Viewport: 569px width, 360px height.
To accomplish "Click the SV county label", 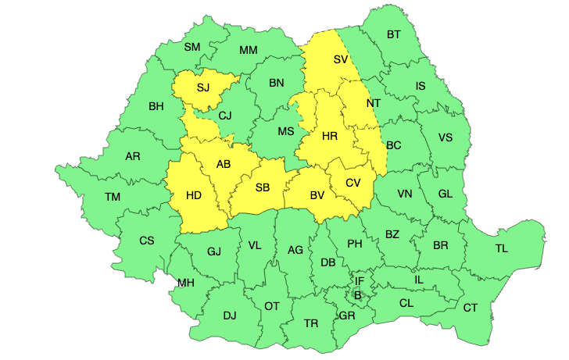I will coord(340,60).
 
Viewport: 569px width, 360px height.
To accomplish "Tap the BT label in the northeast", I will coord(393,34).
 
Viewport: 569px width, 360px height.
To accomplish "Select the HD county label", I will coord(194,196).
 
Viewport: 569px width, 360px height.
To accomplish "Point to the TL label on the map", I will coord(501,248).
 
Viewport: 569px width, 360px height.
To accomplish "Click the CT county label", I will coord(470,308).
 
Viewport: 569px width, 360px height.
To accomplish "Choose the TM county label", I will coord(113,197).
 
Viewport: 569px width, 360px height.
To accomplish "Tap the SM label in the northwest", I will coord(192,47).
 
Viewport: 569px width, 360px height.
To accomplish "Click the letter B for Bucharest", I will coord(357,295).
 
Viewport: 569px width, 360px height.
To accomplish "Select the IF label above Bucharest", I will coord(360,281).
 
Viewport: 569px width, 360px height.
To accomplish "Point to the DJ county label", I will coord(229,315).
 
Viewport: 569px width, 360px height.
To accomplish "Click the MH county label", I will coord(186,283).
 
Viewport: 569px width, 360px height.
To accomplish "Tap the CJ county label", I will coord(225,116).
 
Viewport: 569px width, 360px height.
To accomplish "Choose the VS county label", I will coord(445,137).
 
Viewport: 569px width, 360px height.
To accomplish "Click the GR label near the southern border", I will coord(347,316).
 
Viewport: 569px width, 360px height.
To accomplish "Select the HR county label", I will coord(329,137).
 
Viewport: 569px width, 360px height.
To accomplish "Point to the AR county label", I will coord(133,156).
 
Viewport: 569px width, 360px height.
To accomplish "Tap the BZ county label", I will coord(392,234).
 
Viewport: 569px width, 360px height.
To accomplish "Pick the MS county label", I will coord(287,131).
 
